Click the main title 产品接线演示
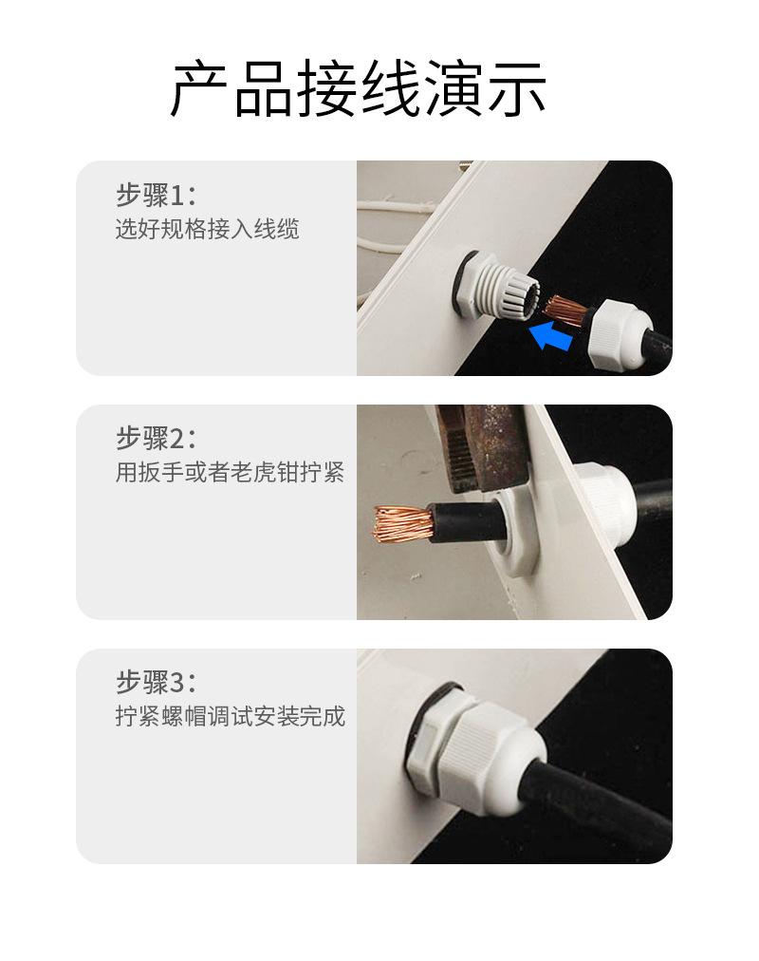tap(358, 88)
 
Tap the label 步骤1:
tap(157, 196)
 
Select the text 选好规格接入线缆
tap(208, 229)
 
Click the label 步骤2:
tap(157, 438)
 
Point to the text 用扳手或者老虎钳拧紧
tap(231, 472)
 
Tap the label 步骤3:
tap(157, 682)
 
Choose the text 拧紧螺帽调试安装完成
tap(231, 715)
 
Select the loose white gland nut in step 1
tap(621, 332)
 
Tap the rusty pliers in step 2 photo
tap(484, 447)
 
